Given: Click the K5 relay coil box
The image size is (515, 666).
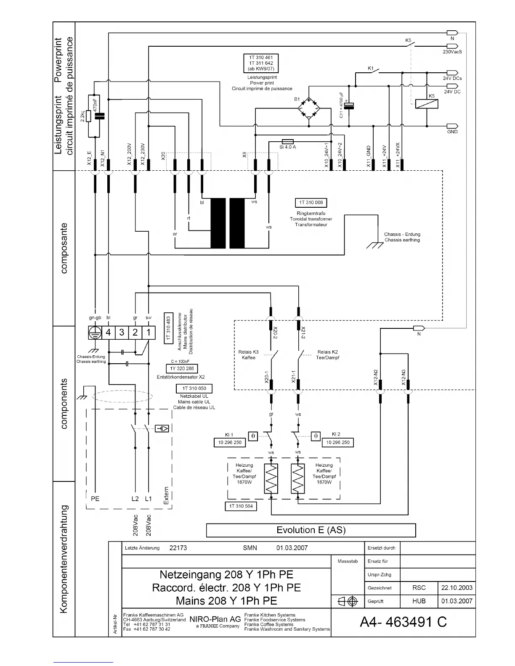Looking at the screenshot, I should coord(426,104).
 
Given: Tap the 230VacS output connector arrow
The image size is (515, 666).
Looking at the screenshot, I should coord(452,46).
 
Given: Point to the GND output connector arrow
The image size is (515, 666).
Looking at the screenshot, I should coord(452,126).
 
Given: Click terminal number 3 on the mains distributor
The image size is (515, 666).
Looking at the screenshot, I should coord(122,333).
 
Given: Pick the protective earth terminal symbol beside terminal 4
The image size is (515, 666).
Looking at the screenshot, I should coord(95,333).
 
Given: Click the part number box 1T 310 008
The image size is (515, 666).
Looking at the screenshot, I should coord(311,203).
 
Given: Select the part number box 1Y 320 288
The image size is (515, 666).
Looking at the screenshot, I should coord(182,369).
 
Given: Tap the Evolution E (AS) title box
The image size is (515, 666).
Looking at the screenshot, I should coord(311,530).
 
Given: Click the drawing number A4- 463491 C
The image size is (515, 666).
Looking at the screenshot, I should coord(403,622).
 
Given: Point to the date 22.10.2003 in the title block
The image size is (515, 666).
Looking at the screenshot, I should coord(457,588).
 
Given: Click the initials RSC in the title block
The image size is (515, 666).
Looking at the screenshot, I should coord(419,588).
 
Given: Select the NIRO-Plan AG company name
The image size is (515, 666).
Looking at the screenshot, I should coord(215,619).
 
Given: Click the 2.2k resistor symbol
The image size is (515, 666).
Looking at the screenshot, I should coord(88,116).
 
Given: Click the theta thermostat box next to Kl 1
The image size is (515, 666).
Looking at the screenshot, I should coord(252,436).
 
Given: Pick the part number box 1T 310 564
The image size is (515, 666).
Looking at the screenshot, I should coord(241,506).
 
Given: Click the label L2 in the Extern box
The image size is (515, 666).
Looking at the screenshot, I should coord(135,499).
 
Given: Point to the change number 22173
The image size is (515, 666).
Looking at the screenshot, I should coord(178,548).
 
